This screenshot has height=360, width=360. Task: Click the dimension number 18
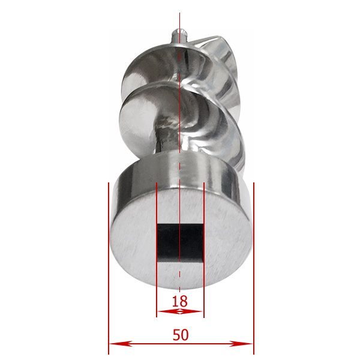(x=180, y=301)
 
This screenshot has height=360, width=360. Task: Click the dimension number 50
(x=181, y=335)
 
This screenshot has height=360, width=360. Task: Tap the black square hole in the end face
(x=180, y=243)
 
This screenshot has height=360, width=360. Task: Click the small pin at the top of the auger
(x=180, y=35)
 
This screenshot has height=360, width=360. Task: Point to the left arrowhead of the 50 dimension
(x=121, y=344)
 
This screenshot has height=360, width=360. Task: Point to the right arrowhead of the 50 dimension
(x=241, y=344)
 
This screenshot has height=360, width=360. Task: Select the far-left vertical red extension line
(x=109, y=268)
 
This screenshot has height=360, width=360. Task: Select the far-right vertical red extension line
(x=254, y=268)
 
